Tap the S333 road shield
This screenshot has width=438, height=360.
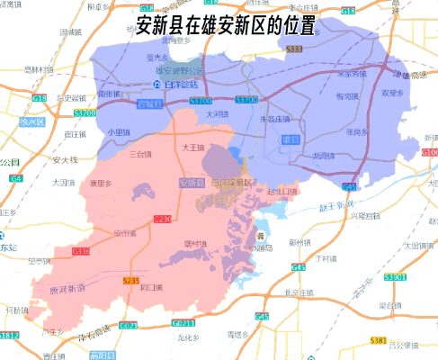[x=293, y=49]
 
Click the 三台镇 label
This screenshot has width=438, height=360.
[x=140, y=154]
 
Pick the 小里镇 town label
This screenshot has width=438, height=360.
[x=118, y=131]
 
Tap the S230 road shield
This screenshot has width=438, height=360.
[x=163, y=219]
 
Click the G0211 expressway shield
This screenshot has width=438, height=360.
[x=183, y=322]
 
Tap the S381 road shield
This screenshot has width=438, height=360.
[x=379, y=341]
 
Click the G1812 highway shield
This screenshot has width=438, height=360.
[x=9, y=335]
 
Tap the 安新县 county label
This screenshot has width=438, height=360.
[x=188, y=183]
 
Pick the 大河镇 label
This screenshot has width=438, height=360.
[x=216, y=114]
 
